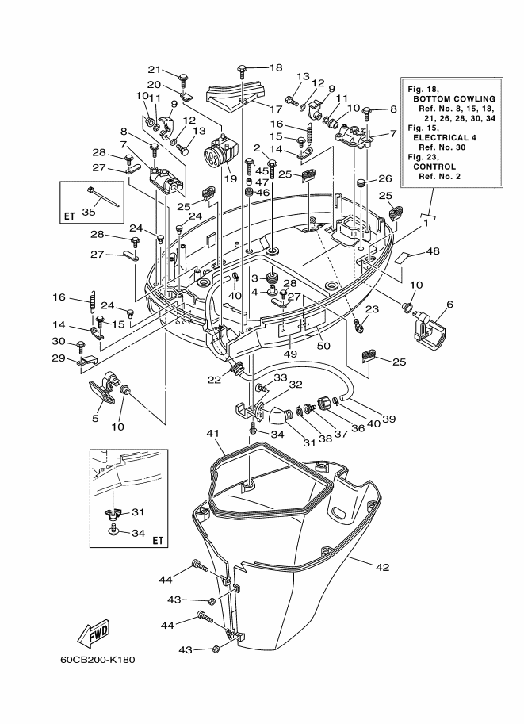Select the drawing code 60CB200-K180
point(98,659)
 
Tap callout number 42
point(383,567)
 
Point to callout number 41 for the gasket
point(212,434)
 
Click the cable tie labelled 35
point(102,197)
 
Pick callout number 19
point(230,178)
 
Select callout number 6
point(449,305)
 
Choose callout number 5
point(96,419)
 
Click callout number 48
point(433,251)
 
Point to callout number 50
point(323,345)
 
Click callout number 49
point(290,354)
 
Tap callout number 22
point(214,380)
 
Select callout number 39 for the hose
point(389,419)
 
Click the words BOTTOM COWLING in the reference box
point(454,98)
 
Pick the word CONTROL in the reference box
point(434,167)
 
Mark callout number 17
point(276,109)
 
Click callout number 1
point(426,223)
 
